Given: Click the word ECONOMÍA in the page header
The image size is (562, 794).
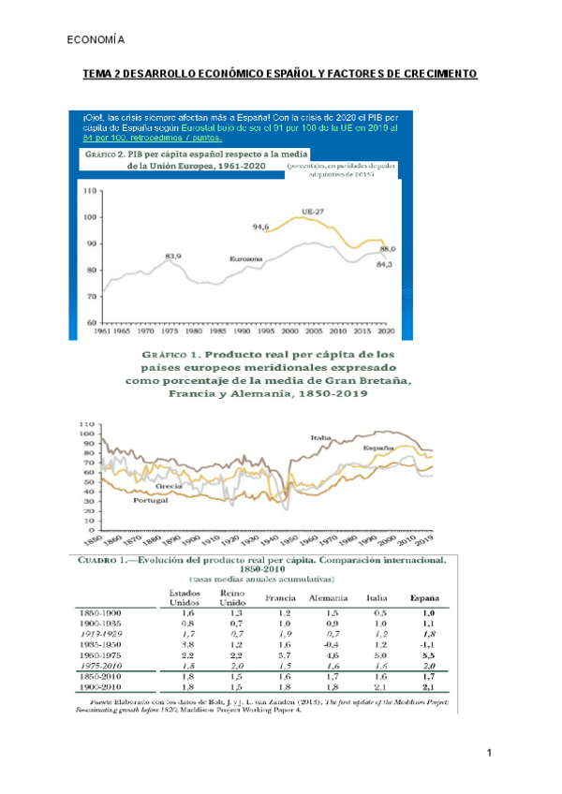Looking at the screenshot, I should pyautogui.click(x=97, y=40).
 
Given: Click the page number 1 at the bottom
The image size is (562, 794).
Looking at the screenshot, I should pyautogui.click(x=489, y=754).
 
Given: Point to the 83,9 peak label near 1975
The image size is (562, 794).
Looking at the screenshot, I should pyautogui.click(x=173, y=253).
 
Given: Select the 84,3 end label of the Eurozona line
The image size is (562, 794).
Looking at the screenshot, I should pyautogui.click(x=385, y=263).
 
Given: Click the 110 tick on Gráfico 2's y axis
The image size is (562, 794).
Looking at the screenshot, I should pyautogui.click(x=90, y=191).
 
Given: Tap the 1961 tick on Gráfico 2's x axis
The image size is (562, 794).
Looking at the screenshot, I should pyautogui.click(x=101, y=331).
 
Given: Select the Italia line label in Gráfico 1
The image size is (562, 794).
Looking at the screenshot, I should pyautogui.click(x=322, y=438).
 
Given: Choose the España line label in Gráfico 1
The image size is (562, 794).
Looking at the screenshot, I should pyautogui.click(x=377, y=448).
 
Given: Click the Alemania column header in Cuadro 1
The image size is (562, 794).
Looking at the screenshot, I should pyautogui.click(x=329, y=597).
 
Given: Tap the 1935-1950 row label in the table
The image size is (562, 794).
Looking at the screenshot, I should pyautogui.click(x=103, y=644).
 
